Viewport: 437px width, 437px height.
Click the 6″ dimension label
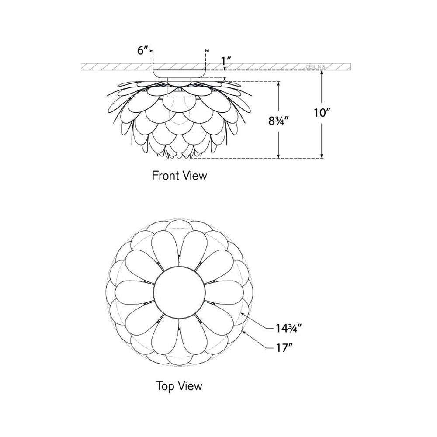pyautogui.click(x=142, y=50)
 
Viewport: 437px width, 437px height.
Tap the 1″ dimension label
pyautogui.click(x=226, y=60)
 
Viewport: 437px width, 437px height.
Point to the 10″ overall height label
pyautogui.click(x=322, y=113)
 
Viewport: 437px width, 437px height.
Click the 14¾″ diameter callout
pyautogui.click(x=289, y=328)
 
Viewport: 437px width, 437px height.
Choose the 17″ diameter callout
pyautogui.click(x=284, y=348)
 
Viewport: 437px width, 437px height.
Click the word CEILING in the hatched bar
pyautogui.click(x=315, y=67)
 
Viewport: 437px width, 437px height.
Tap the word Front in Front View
pyautogui.click(x=165, y=176)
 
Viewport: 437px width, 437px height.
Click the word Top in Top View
pyautogui.click(x=165, y=386)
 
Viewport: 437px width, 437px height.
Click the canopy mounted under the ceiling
pyautogui.click(x=179, y=73)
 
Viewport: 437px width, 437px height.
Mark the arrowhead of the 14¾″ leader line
pyautogui.click(x=242, y=314)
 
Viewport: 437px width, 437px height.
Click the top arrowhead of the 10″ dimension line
pyautogui.click(x=322, y=73)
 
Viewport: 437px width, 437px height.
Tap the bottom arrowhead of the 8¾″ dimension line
pyautogui.click(x=278, y=156)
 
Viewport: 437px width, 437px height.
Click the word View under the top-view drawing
pyautogui.click(x=191, y=386)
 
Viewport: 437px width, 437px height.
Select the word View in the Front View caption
pyautogui.click(x=194, y=176)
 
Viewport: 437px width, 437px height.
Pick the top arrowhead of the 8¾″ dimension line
pyautogui.click(x=278, y=83)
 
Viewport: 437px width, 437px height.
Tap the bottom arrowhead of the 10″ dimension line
pyautogui.click(x=322, y=156)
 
